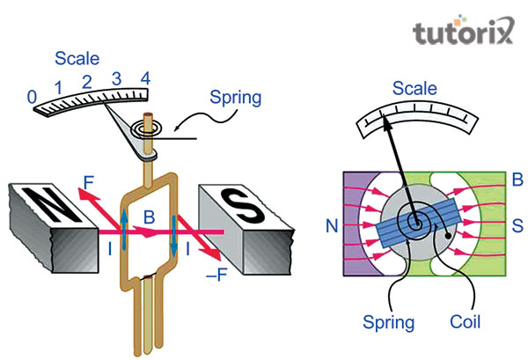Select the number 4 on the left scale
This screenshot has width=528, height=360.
(x=145, y=78)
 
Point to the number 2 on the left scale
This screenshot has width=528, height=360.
(x=87, y=82)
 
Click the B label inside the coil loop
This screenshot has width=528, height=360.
(x=150, y=217)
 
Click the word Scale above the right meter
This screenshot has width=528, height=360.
(x=414, y=89)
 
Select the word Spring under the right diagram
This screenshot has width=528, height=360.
(x=390, y=322)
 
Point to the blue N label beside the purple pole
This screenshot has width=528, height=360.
(x=332, y=226)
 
